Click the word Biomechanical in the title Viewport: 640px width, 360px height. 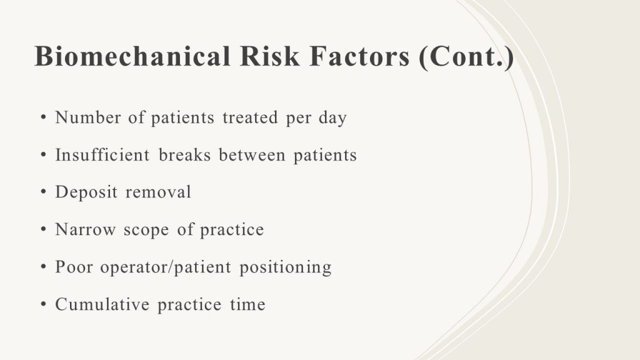click(132, 56)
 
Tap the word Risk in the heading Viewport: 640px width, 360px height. click(269, 56)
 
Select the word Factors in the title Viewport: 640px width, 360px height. click(359, 56)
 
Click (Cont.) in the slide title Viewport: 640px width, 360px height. click(466, 57)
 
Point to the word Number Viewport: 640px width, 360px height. click(87, 117)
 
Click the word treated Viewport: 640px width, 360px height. click(250, 117)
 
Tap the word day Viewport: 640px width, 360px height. click(332, 118)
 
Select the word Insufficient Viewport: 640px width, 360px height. click(102, 155)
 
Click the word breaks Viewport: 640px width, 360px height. click(184, 155)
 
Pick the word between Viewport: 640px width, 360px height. click(252, 155)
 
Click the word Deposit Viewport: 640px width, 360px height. click(86, 192)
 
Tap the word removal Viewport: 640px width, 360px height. click(158, 192)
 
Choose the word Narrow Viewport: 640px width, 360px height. click(85, 230)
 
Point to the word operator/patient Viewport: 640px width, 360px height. click(166, 267)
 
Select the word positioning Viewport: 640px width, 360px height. click(285, 267)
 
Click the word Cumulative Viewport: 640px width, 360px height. click(102, 304)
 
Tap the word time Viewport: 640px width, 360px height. click(247, 304)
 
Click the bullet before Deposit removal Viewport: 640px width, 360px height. click(44, 192)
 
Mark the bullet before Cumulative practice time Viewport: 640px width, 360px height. click(44, 304)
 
